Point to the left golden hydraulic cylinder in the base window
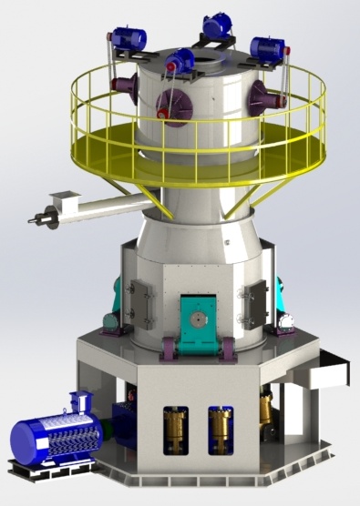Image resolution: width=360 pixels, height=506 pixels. point(174,428)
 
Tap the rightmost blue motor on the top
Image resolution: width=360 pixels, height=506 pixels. point(268,48)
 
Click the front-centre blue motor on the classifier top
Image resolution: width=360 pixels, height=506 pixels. point(180,62)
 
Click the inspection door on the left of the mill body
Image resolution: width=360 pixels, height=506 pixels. point(139,302)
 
